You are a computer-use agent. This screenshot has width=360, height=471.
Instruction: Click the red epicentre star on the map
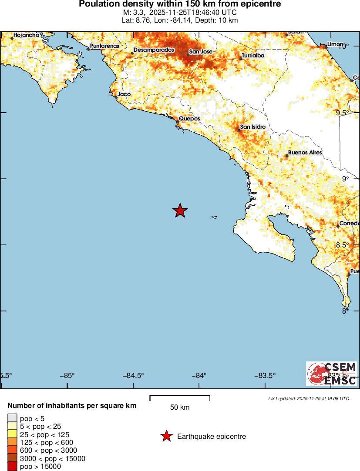click(180, 210)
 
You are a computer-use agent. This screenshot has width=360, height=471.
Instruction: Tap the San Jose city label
click(200, 52)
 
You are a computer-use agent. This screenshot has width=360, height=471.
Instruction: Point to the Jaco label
click(124, 94)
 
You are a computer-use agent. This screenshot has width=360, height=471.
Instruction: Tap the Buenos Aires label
click(305, 153)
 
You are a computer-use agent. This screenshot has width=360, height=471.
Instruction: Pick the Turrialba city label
click(253, 55)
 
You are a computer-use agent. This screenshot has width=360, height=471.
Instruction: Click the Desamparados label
click(154, 50)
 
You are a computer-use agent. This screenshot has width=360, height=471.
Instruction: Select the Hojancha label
click(27, 35)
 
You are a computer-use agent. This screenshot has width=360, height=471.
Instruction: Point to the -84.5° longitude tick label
click(133, 376)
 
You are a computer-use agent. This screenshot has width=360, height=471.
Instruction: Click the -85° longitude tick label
click(67, 376)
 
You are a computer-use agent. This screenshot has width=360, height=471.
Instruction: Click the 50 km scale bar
click(180, 398)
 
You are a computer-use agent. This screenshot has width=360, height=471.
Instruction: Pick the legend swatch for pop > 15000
click(13, 467)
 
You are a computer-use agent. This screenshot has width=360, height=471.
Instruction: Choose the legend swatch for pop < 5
click(13, 418)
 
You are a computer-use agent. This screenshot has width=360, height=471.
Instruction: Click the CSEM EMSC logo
click(332, 374)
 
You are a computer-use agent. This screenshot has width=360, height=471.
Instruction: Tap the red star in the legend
click(166, 436)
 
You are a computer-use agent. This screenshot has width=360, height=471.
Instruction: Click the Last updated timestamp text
click(308, 398)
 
